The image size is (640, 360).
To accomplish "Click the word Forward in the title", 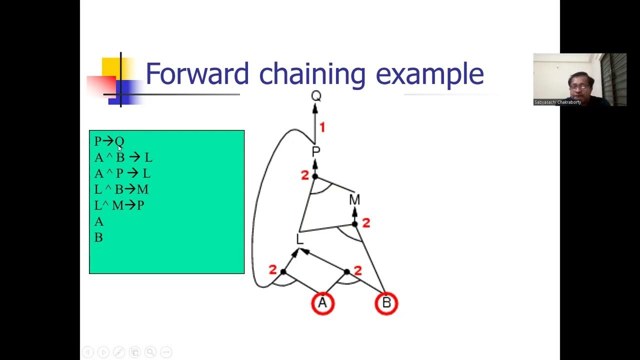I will point(197,74).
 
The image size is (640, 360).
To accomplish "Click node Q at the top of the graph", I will point(316,96).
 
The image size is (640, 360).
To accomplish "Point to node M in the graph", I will point(354,200).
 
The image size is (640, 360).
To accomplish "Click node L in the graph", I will point(299,239).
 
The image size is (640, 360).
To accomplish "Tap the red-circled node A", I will point(323,303).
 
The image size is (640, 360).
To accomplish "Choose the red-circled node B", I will point(386,303).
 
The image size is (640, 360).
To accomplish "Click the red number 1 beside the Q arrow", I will point(322,128).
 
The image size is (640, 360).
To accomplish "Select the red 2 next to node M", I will point(365,223).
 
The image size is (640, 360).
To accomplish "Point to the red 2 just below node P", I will point(304,175).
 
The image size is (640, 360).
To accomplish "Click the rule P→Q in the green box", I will point(109,141).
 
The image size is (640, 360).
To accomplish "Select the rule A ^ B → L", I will point(123,157).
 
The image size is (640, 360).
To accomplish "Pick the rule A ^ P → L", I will point(122,173).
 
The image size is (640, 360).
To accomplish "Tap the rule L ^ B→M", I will point(121,189).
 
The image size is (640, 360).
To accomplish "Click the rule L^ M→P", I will point(119,205).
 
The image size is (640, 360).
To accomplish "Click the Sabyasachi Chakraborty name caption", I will point(557,102).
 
